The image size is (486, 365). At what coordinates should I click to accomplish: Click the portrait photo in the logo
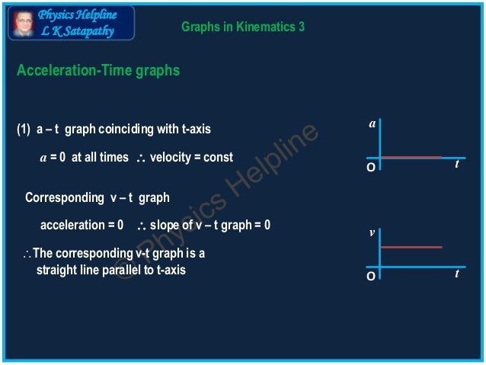pyautogui.click(x=23, y=22)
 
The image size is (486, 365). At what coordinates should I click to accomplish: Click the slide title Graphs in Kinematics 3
pyautogui.click(x=243, y=27)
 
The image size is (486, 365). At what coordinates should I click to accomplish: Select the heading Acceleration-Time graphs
pyautogui.click(x=98, y=71)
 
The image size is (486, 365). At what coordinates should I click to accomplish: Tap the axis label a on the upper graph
pyautogui.click(x=372, y=123)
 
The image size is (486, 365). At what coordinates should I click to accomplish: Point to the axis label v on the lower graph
pyautogui.click(x=372, y=233)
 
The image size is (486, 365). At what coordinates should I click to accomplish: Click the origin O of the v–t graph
pyautogui.click(x=370, y=276)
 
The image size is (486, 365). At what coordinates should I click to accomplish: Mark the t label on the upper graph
pyautogui.click(x=457, y=163)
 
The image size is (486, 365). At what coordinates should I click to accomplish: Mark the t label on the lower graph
pyautogui.click(x=457, y=273)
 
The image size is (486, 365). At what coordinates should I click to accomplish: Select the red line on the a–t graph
pyautogui.click(x=411, y=158)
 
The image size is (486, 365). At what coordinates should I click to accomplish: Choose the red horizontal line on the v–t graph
pyautogui.click(x=411, y=247)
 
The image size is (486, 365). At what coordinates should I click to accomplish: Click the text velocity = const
pyautogui.click(x=191, y=158)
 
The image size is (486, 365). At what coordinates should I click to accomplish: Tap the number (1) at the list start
pyautogui.click(x=23, y=130)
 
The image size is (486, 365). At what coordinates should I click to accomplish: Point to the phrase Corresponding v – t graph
pyautogui.click(x=97, y=198)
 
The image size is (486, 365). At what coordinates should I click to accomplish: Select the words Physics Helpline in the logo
pyautogui.click(x=77, y=15)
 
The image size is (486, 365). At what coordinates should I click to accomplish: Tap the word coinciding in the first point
pyautogui.click(x=126, y=130)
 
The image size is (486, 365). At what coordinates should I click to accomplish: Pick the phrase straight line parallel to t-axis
pyautogui.click(x=110, y=270)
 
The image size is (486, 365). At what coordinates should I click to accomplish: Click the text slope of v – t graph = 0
pyautogui.click(x=210, y=226)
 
